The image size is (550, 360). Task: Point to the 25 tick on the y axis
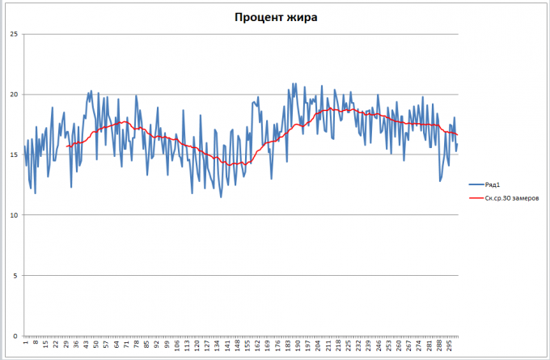pos(13,34)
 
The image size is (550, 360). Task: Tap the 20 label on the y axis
pos(13,94)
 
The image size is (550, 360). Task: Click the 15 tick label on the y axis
pos(13,155)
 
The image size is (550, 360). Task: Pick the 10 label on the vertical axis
pos(13,215)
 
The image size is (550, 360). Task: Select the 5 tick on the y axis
pos(15,275)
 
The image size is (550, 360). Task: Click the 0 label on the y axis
pos(15,336)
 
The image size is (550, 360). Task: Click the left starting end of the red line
pos(67,146)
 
